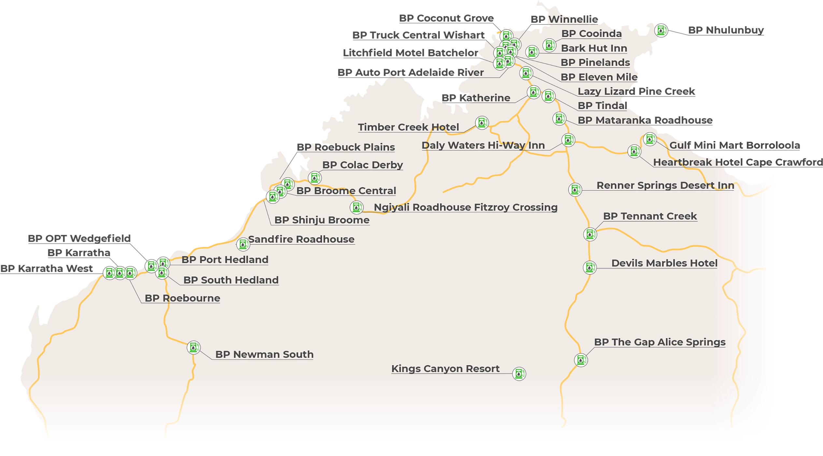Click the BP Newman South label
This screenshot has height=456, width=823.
264,354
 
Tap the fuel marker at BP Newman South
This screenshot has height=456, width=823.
193,347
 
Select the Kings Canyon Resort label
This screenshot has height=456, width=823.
445,369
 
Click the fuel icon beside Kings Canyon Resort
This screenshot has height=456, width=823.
519,374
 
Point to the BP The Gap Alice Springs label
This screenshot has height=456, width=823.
660,342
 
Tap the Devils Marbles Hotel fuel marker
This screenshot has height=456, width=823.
589,268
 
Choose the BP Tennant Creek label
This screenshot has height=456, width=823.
650,216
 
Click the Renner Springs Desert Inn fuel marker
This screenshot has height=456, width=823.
575,189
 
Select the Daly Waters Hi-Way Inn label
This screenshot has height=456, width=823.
483,145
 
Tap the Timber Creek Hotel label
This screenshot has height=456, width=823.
408,127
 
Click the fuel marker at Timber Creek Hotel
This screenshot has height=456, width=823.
482,123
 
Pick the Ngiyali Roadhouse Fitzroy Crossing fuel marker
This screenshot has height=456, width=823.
356,207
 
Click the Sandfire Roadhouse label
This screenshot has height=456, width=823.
301,239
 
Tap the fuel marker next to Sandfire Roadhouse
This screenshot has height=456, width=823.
243,244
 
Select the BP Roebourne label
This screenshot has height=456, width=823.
182,298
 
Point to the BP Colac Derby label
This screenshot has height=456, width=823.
362,165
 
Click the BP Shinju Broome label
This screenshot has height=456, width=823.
322,220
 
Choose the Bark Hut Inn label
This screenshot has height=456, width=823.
594,48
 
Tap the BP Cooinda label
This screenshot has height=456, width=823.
591,34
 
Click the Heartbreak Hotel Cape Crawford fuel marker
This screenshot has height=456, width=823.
634,151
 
